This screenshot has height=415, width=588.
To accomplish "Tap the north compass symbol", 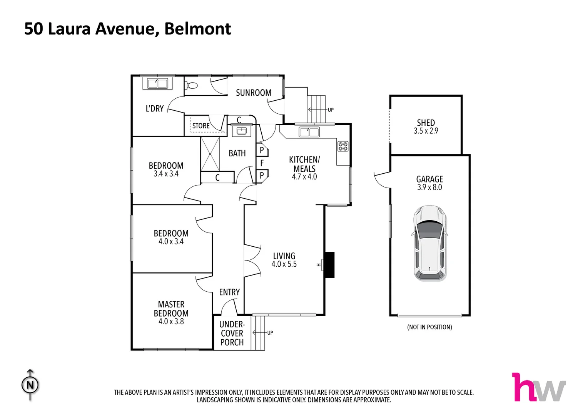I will point(30,385).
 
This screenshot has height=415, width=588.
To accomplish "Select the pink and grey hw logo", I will point(538,387).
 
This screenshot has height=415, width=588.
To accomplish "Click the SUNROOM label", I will point(254,93).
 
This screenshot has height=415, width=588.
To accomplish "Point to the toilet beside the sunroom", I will point(192,85).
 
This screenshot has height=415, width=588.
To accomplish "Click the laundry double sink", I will point(157,83).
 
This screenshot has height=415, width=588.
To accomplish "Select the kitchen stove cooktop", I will point(343,146).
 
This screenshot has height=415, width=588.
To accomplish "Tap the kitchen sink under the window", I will point(309,132).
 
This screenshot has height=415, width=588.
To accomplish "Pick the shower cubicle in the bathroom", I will point(210,154).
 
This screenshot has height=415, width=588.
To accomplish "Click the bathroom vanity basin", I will point(241,131).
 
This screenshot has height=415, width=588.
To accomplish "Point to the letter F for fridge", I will point(262,163).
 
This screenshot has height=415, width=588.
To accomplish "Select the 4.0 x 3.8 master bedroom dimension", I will point(171,322).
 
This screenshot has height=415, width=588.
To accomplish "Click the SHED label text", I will point(426,123).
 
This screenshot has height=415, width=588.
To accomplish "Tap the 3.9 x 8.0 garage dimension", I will point(429,188).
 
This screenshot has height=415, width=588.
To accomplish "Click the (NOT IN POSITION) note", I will point(429,327).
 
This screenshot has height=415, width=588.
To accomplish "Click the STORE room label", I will point(201,126).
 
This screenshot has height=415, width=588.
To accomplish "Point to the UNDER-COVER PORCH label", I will point(232,333).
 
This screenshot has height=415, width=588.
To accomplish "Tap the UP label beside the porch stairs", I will point(270,333).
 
